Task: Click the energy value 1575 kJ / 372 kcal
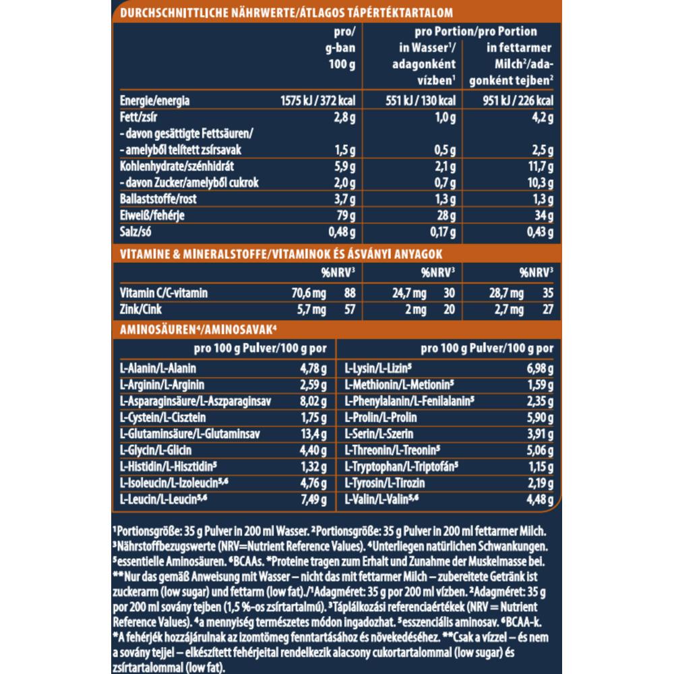point(317,101)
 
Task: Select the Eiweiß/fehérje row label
point(152,216)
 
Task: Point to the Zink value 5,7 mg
point(311,310)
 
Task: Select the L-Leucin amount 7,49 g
point(313,500)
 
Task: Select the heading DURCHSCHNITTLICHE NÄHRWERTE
point(206,13)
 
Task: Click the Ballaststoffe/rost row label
point(157,200)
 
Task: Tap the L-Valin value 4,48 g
point(539,500)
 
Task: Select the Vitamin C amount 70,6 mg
point(309,293)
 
